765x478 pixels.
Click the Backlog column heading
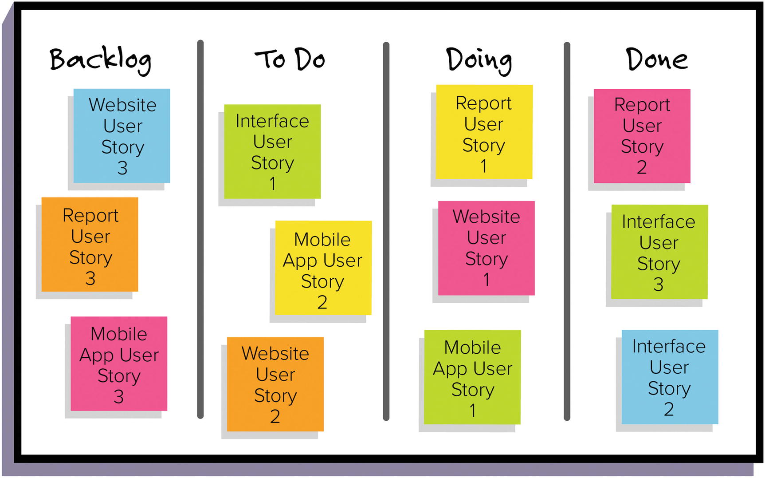coord(100,60)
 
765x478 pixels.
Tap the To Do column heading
coord(290,59)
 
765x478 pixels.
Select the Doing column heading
coord(479,60)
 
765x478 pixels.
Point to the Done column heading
coord(657,59)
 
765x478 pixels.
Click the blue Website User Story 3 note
coord(122,136)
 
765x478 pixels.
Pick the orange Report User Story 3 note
coord(90,245)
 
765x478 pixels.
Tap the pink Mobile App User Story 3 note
coord(119,363)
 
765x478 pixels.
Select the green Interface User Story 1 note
coord(272,151)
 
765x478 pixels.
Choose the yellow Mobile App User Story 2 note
coord(323,268)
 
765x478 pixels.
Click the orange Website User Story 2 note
coord(275,384)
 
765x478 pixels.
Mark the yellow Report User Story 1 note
coord(484,132)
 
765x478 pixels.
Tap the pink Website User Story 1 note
coord(486,248)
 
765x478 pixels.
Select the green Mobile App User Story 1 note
coord(472,377)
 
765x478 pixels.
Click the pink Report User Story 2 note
coord(642,136)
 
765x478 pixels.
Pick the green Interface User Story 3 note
coord(659,252)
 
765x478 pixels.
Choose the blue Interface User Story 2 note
coord(669,377)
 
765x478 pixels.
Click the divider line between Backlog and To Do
coord(200,229)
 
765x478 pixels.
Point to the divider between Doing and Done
coord(567,231)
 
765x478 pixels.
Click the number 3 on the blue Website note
coord(122,168)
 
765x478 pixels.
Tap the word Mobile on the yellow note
coord(322,240)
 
